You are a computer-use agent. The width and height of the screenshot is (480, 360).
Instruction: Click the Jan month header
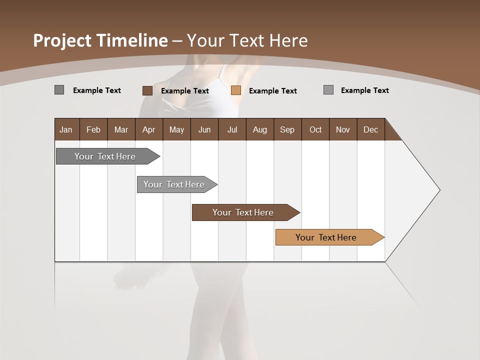[x=66, y=129]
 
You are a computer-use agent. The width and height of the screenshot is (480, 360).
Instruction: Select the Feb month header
[x=93, y=129]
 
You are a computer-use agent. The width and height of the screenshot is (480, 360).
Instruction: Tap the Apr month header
[x=148, y=129]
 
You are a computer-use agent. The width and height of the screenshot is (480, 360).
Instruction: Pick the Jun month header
[x=204, y=129]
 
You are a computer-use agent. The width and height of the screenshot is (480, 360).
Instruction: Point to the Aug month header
[x=259, y=129]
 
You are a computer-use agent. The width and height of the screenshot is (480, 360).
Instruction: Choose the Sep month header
[x=287, y=129]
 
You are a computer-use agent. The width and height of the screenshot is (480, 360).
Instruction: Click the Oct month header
[x=315, y=129]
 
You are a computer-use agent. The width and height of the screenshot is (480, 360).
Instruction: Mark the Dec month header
[x=370, y=129]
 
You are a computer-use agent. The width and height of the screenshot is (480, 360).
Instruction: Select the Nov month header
[x=343, y=129]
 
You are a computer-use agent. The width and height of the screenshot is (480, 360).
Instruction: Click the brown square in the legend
[x=147, y=90]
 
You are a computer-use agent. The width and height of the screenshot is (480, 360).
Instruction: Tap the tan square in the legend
[x=236, y=90]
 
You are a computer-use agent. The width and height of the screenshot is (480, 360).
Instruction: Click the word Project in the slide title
[x=63, y=40]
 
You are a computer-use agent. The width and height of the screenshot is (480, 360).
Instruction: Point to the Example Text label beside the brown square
[x=184, y=91]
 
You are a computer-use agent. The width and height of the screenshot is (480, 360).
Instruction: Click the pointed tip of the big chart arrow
[x=438, y=190]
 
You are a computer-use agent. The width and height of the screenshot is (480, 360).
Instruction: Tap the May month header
[x=176, y=129]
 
